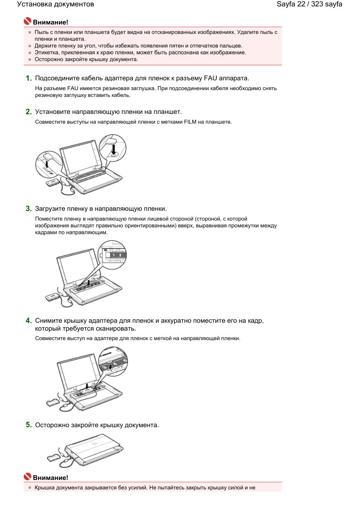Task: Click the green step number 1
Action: pos(28,78)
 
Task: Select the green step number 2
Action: pos(28,112)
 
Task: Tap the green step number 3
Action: pos(28,209)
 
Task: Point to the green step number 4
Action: pos(28,320)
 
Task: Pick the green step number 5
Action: pos(28,425)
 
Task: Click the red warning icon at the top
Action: pos(28,21)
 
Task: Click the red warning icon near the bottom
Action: pos(28,477)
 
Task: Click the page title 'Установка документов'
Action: pos(55,4)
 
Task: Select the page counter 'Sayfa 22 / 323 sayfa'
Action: pos(309,4)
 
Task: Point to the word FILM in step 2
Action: pos(190,122)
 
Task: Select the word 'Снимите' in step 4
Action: pos(48,320)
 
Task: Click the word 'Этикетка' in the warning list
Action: pos(47,52)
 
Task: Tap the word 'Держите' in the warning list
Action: pos(46,46)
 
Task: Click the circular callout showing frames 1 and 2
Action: pos(112,255)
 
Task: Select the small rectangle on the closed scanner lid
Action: pos(94,443)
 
